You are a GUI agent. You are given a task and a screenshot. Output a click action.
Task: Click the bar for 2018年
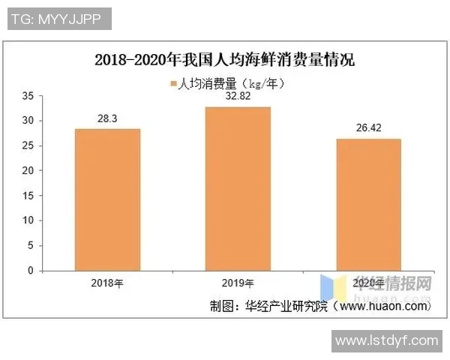(107, 199)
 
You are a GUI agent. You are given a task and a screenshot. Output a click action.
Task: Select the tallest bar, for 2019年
(238, 188)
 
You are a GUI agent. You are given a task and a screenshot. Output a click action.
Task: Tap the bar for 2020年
(368, 204)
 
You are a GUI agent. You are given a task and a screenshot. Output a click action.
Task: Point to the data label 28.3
(107, 118)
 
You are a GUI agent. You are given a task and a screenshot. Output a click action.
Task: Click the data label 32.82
(238, 96)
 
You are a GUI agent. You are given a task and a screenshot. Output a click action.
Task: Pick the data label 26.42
(368, 127)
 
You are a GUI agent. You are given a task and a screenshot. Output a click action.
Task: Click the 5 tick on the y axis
(30, 245)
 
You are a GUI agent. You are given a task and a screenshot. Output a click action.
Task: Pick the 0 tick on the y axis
(30, 270)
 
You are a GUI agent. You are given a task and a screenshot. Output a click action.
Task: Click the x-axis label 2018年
(107, 283)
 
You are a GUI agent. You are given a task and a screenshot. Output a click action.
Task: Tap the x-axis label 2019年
(238, 283)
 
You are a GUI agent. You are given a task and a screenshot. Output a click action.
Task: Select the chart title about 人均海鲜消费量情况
(224, 59)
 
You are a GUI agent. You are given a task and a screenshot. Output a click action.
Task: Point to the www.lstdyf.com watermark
(386, 340)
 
